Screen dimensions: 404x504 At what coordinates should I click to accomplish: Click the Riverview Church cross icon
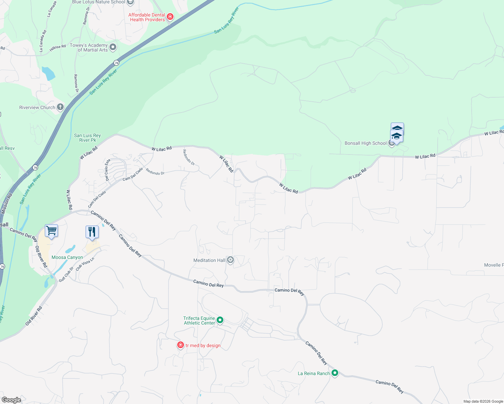pos(60,107)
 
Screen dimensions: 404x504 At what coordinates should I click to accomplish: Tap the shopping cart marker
pos(51,231)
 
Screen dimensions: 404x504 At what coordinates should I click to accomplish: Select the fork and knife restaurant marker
pos(92,232)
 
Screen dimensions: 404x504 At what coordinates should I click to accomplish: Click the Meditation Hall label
pos(209,260)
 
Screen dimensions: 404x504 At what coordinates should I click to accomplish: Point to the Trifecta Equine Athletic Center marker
pos(220,320)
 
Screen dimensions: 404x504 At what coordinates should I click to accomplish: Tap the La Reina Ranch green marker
pos(335,373)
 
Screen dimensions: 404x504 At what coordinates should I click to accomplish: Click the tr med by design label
pos(203,345)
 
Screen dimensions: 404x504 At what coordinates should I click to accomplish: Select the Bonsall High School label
pos(366,143)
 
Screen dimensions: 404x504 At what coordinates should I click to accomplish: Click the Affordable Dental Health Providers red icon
pos(170,17)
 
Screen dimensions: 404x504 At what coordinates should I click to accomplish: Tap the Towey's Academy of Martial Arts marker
pos(113,47)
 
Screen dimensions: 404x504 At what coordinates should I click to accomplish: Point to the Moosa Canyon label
pos(67,257)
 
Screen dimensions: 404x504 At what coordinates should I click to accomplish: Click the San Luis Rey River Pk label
pos(87,138)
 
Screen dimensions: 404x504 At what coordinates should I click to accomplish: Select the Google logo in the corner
pos(11,400)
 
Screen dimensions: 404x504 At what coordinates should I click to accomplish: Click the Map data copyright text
pos(483,401)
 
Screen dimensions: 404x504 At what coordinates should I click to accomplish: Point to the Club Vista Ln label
pos(85,264)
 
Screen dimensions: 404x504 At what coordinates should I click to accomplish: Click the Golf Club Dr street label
pos(66,274)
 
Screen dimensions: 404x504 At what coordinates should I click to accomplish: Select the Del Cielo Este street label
pos(107,170)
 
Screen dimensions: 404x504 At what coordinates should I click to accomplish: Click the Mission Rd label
pos(6,203)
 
